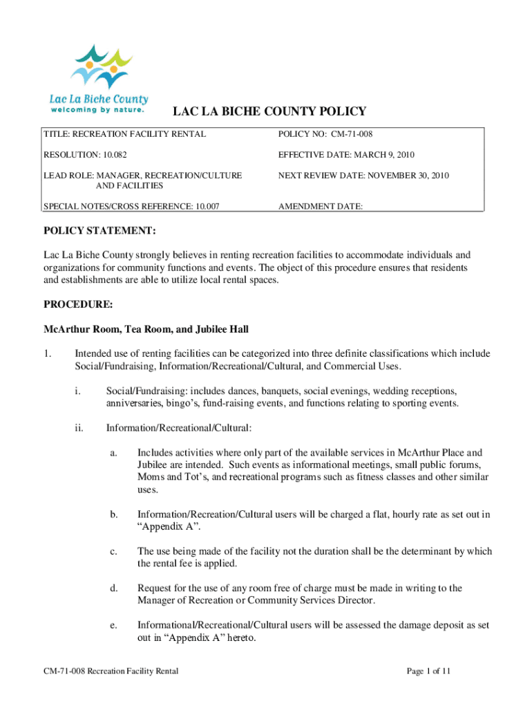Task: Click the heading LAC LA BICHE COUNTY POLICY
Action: (x=269, y=112)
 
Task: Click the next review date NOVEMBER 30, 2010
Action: (x=397, y=176)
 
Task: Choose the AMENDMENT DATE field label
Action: (x=320, y=206)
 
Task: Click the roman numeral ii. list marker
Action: (x=78, y=428)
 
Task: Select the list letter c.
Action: (x=113, y=551)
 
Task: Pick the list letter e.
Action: (x=113, y=625)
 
